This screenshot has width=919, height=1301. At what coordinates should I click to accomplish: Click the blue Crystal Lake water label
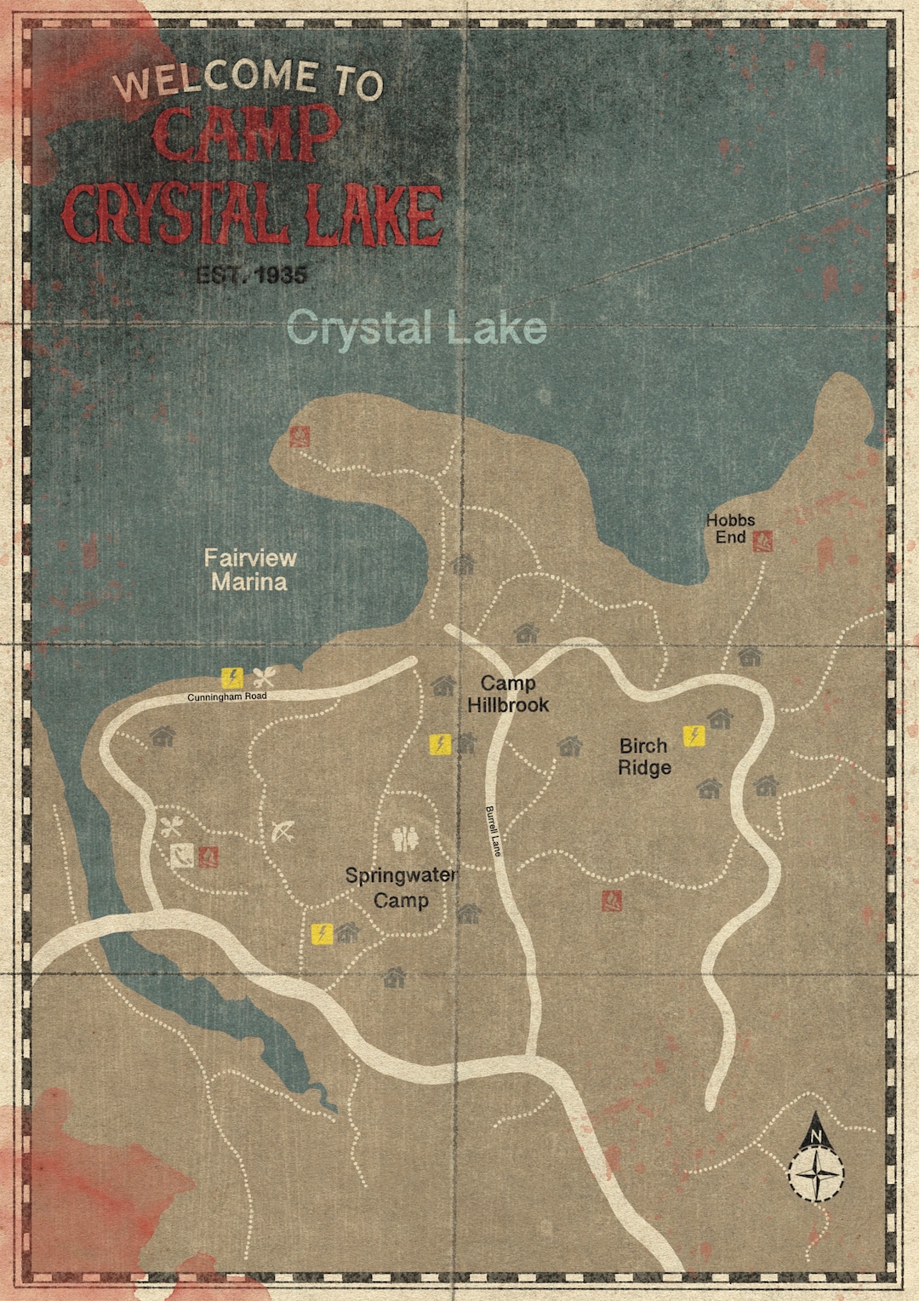pos(416,329)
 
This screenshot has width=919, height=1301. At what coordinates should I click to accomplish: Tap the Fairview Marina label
pos(250,570)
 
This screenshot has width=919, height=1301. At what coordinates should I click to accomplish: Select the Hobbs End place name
pos(730,529)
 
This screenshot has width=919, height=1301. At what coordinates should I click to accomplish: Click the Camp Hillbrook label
pos(508,694)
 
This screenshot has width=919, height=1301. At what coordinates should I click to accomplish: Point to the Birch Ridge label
pos(644,756)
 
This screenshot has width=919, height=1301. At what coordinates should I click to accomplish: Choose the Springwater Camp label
pos(401,887)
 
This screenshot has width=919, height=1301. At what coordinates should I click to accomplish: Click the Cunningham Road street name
pos(227,696)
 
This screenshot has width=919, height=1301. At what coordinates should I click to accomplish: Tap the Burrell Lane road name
pos(494,831)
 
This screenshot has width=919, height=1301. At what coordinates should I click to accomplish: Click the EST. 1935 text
pos(251,275)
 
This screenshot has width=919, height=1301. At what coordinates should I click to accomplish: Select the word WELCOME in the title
pos(216,78)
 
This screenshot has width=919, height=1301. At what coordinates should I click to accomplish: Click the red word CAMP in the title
pos(247,135)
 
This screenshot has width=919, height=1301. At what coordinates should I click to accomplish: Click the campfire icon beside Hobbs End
pos(762,541)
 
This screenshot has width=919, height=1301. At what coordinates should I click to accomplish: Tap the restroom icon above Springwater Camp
pos(406,840)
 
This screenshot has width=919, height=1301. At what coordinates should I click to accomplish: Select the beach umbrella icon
pos(283,832)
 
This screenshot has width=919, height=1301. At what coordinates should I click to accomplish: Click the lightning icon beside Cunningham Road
pos(231,678)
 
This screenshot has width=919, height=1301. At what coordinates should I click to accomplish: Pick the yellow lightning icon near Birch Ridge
pos(694,735)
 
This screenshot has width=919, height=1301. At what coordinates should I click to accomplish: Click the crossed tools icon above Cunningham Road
pos(264,678)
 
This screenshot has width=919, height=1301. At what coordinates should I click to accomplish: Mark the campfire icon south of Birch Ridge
pos(611,900)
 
